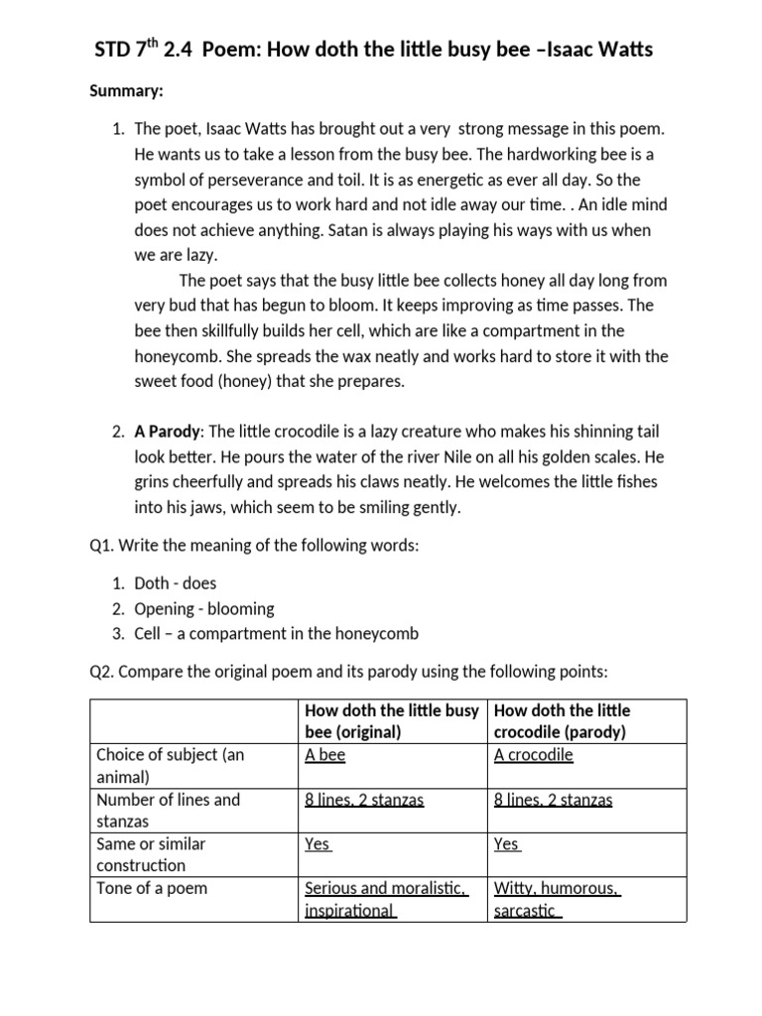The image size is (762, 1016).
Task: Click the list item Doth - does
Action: pyautogui.click(x=175, y=583)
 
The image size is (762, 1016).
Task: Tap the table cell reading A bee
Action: pyautogui.click(x=325, y=755)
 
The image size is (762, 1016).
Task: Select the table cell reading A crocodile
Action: pyautogui.click(x=533, y=755)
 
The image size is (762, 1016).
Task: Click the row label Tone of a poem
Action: pyautogui.click(x=152, y=888)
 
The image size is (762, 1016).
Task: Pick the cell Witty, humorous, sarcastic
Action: pyautogui.click(x=557, y=899)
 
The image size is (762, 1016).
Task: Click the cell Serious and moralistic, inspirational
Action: pyautogui.click(x=385, y=899)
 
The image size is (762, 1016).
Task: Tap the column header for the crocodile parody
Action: pyautogui.click(x=562, y=721)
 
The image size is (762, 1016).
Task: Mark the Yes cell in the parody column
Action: pyautogui.click(x=506, y=844)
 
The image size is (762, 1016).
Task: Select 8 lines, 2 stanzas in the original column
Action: pyautogui.click(x=364, y=800)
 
